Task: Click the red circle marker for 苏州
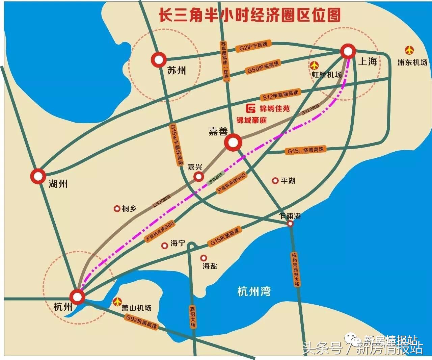[158, 59]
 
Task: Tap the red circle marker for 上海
[348, 52]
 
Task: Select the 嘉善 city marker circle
[233, 143]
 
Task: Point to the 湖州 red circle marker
[38, 176]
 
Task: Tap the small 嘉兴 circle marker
[198, 176]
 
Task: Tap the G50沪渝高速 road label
[263, 68]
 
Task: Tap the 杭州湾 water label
[254, 291]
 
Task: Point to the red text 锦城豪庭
[251, 120]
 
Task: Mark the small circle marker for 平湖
[275, 181]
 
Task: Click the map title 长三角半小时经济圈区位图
[250, 15]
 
